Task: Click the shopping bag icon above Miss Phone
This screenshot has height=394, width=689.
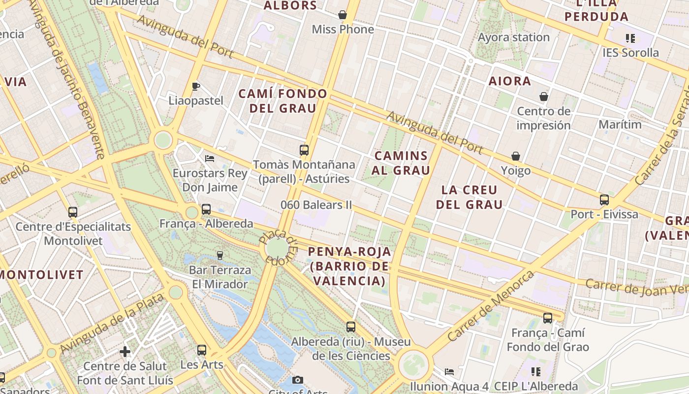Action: tap(343, 15)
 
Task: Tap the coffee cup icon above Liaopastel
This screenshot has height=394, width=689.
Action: tap(196, 87)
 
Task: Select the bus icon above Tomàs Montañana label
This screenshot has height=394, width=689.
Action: tap(304, 150)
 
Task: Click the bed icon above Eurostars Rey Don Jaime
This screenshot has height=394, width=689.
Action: tap(210, 159)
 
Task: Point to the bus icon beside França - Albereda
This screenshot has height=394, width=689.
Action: tap(206, 209)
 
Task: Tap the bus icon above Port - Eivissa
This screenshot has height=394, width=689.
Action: tap(604, 200)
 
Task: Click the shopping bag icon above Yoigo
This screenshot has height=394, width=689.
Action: tap(516, 157)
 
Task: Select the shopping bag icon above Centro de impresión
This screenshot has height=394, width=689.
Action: tap(544, 97)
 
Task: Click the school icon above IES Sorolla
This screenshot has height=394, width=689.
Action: tap(630, 38)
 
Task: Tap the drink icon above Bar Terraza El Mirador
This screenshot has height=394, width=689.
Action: tap(220, 255)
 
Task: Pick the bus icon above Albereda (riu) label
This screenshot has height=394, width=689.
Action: tap(351, 327)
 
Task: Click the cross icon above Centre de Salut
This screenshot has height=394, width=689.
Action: tap(125, 352)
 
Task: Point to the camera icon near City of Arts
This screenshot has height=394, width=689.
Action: tap(298, 380)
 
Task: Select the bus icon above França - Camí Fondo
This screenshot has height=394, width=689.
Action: tap(548, 318)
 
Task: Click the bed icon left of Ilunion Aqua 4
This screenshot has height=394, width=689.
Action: tap(449, 372)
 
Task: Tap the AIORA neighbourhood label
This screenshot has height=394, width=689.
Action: tap(510, 81)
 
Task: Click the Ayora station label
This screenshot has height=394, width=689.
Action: tap(514, 37)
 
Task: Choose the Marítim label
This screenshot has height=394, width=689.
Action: tap(620, 125)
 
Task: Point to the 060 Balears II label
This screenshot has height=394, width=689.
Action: tap(316, 204)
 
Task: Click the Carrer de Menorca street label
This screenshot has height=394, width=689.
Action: tap(491, 306)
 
